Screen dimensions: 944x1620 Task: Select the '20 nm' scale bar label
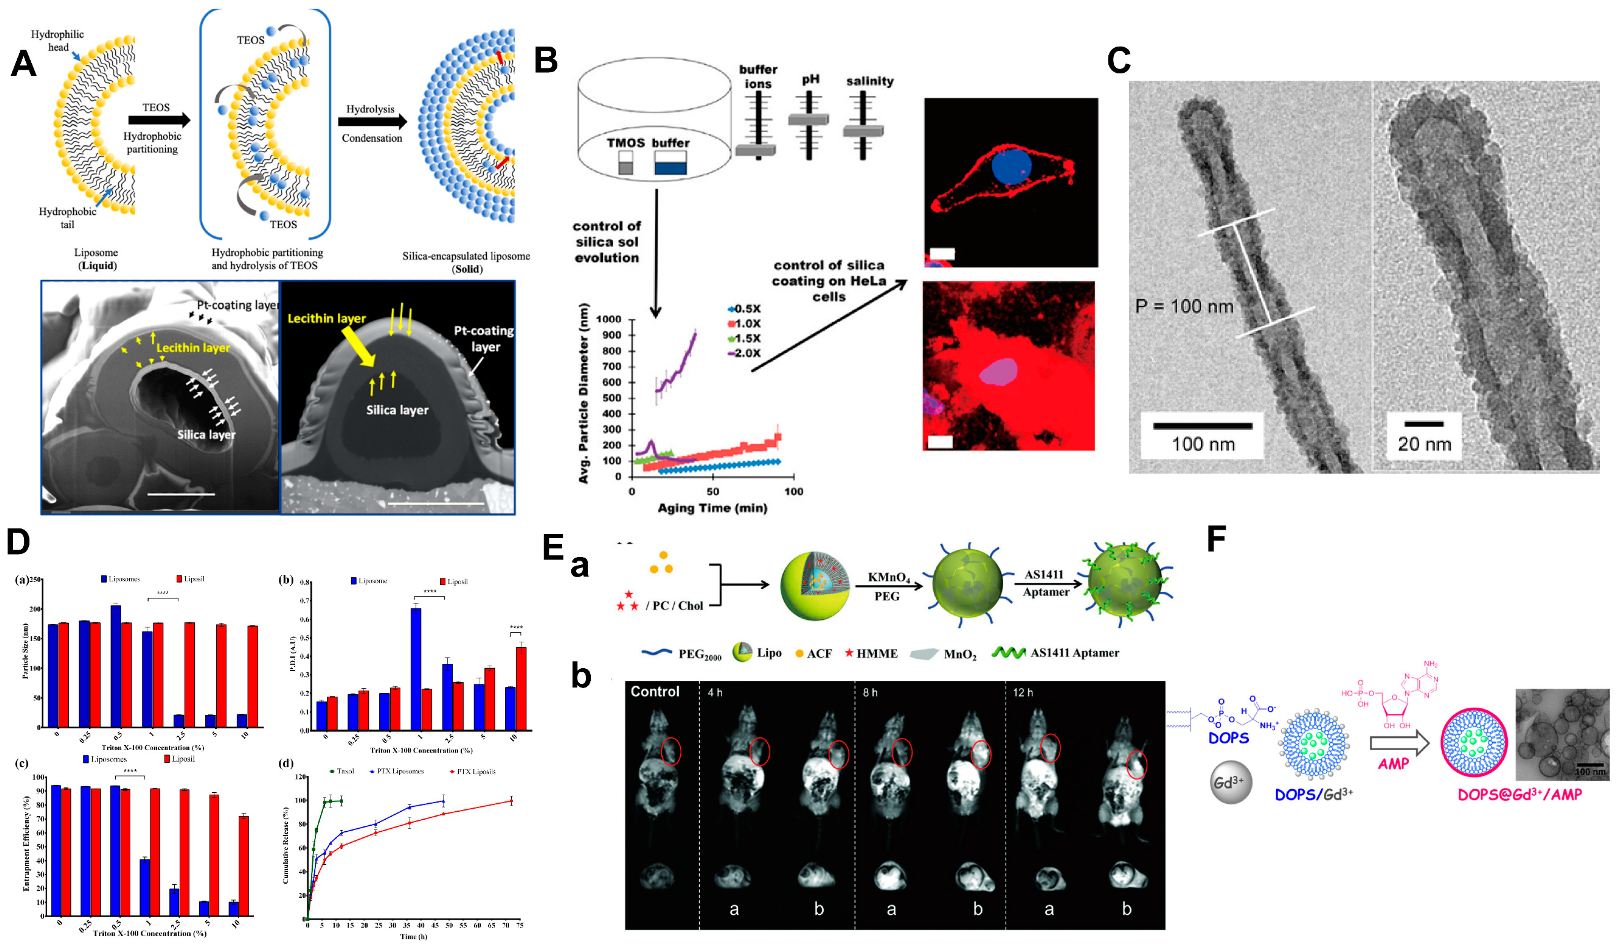coord(1424,444)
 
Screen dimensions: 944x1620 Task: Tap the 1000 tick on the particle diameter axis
coord(608,320)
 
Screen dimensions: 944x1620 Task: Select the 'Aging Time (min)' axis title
coord(712,508)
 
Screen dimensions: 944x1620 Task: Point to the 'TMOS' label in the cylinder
coord(625,143)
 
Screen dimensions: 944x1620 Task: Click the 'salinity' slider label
coord(869,81)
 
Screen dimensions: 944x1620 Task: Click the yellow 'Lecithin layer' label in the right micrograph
coord(326,318)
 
